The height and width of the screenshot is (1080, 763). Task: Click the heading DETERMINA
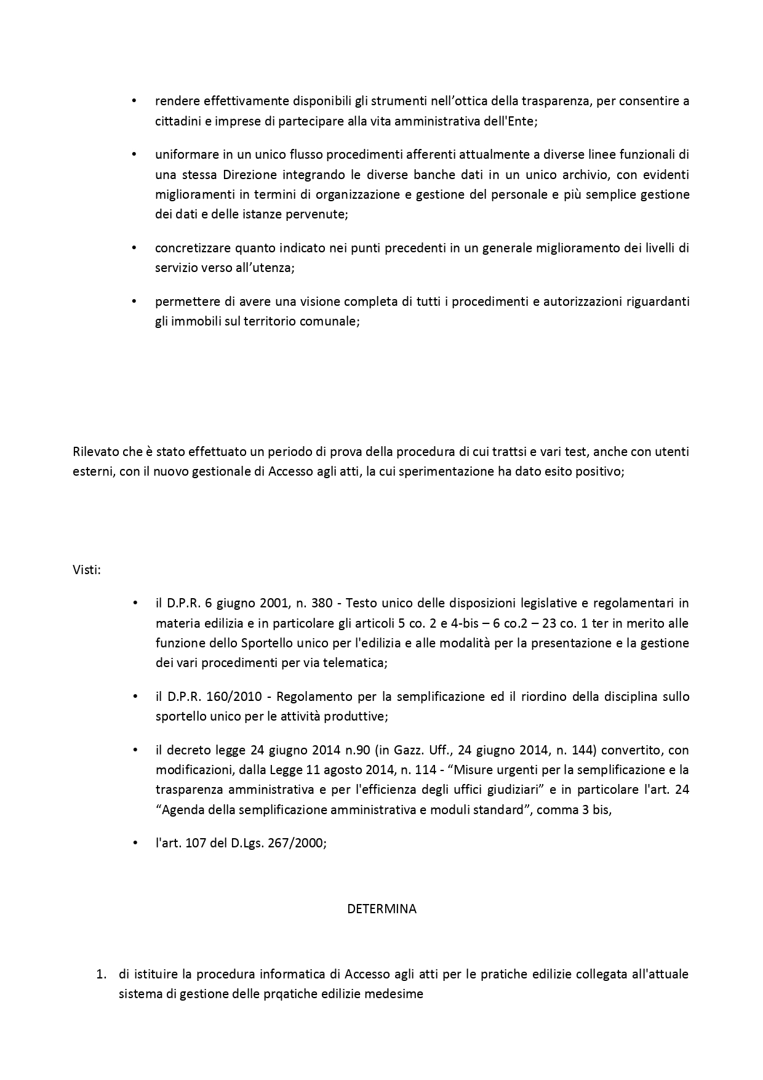[x=381, y=908]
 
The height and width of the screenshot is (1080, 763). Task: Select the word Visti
[x=86, y=569]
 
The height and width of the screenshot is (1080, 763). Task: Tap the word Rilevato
[x=94, y=452]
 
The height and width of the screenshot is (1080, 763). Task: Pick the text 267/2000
[x=301, y=842]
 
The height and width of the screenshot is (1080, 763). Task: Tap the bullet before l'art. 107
[x=135, y=842]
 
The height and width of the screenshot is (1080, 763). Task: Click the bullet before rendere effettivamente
[x=135, y=101]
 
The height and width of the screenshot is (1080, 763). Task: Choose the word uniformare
[x=184, y=154]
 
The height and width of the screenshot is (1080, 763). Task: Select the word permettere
[x=185, y=302]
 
